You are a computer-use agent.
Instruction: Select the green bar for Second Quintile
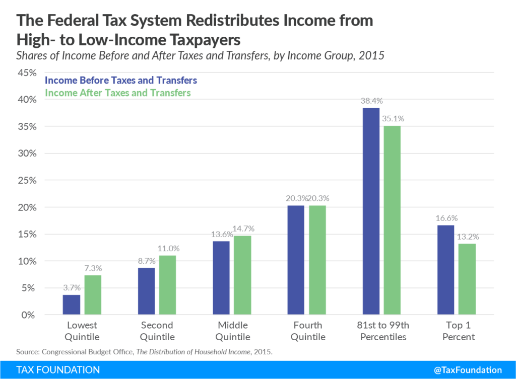[x=168, y=285]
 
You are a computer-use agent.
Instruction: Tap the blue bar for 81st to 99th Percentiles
[x=371, y=211]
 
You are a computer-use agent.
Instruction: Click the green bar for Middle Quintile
[x=243, y=275]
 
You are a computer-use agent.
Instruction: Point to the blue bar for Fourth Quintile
[x=296, y=260]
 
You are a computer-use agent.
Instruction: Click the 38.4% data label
[x=371, y=100]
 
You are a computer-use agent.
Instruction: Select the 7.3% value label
[x=93, y=267]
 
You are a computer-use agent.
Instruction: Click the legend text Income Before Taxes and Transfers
[x=121, y=81]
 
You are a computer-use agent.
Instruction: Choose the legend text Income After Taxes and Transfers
[x=118, y=93]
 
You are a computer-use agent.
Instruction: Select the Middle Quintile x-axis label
[x=233, y=331]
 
